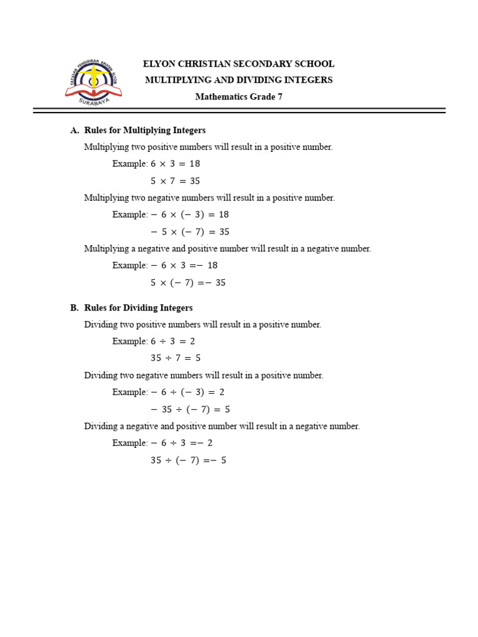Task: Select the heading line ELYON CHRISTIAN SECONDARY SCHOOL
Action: (238, 64)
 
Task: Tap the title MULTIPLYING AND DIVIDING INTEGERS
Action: (238, 80)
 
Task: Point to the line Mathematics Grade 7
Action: (238, 96)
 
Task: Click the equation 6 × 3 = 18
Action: (175, 164)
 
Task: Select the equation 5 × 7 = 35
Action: (175, 181)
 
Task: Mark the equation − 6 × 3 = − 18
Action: (184, 266)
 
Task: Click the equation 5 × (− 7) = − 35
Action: (188, 283)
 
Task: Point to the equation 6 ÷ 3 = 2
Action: (172, 342)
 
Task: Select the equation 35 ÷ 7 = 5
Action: (175, 358)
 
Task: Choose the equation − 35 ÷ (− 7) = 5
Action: (190, 410)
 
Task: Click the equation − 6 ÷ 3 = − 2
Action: (181, 444)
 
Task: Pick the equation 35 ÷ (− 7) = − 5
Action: (188, 461)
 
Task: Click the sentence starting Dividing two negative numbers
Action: (204, 376)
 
